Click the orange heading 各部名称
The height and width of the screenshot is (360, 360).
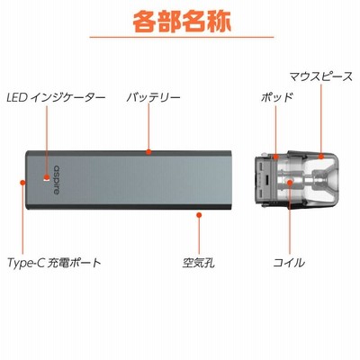(x=182, y=22)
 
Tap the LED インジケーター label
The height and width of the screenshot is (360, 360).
(x=56, y=97)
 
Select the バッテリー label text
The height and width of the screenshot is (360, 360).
(x=153, y=97)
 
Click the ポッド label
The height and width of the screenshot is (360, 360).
(x=276, y=97)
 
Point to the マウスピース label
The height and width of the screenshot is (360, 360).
(x=320, y=76)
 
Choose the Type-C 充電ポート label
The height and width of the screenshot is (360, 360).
(x=54, y=263)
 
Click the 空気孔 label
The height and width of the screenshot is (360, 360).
(x=199, y=263)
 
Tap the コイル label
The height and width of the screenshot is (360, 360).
(x=289, y=263)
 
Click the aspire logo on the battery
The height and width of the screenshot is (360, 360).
(x=56, y=180)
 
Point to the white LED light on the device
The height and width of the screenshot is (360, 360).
(x=46, y=180)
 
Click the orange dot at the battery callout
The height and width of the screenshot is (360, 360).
(x=148, y=152)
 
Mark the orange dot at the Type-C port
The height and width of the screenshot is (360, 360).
(x=22, y=182)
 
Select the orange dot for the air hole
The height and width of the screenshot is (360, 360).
(x=199, y=215)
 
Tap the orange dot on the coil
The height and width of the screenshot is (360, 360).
(x=290, y=183)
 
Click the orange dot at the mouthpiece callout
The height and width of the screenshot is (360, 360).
(x=321, y=156)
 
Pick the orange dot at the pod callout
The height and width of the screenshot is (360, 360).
(x=276, y=156)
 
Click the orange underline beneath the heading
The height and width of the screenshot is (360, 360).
(x=182, y=37)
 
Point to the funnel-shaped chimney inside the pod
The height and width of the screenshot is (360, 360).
(x=321, y=180)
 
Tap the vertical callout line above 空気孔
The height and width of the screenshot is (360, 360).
(x=199, y=236)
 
